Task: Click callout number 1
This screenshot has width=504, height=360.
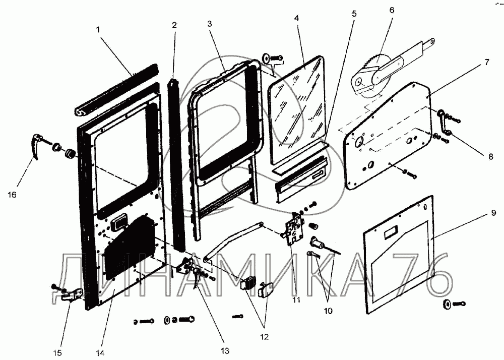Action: [99, 29]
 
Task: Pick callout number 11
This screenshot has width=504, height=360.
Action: [296, 299]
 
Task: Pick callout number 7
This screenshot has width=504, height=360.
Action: [486, 63]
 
